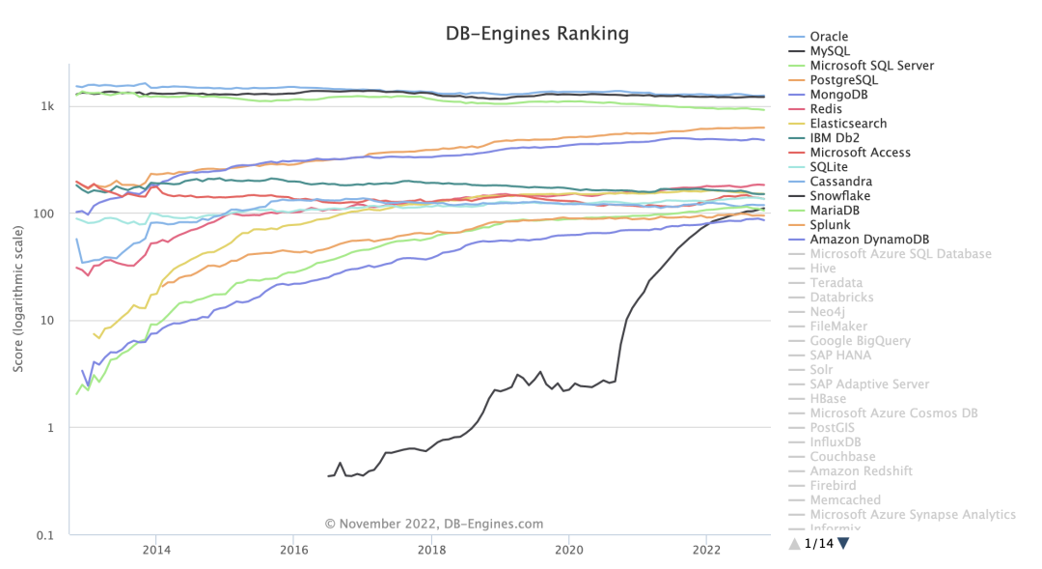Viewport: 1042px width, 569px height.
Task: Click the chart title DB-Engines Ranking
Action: tap(536, 34)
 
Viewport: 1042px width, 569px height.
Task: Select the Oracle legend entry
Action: tap(829, 37)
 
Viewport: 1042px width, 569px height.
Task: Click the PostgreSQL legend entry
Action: tap(843, 80)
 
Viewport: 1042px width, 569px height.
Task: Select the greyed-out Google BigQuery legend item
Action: tap(860, 341)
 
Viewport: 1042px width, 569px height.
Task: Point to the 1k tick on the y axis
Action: tap(46, 106)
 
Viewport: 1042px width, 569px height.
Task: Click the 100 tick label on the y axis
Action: tap(43, 213)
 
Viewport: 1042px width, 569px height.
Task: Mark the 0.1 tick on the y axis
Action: tap(43, 534)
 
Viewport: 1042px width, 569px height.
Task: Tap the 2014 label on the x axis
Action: tap(156, 550)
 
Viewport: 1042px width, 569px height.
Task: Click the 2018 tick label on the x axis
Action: tap(431, 550)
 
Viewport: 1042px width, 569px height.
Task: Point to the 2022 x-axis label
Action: tap(706, 550)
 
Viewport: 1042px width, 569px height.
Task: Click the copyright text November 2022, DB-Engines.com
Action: tap(433, 524)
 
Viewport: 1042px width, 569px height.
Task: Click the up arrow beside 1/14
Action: tap(794, 543)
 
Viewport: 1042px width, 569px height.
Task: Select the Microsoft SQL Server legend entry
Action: tap(871, 66)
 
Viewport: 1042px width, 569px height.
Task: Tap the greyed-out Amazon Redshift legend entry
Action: tap(861, 471)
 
